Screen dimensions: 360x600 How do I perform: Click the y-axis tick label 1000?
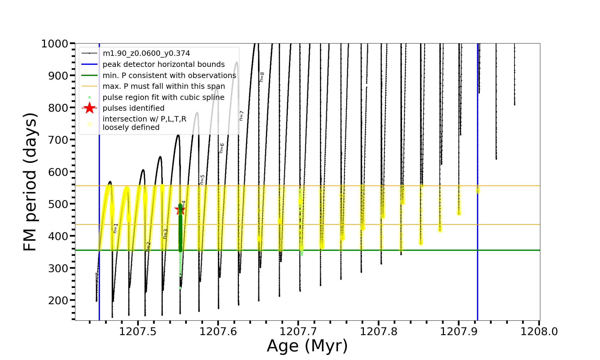[55, 44]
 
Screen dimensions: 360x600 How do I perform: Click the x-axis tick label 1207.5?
[137, 331]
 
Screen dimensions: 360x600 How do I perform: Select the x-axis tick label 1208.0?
[539, 331]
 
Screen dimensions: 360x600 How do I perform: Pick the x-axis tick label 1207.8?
[378, 331]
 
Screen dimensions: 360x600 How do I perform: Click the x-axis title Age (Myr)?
[307, 346]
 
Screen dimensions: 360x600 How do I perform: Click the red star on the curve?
[180, 209]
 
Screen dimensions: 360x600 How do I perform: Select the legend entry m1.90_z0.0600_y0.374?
[146, 53]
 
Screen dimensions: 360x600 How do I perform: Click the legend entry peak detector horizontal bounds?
[163, 64]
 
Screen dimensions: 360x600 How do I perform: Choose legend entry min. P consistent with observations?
[169, 75]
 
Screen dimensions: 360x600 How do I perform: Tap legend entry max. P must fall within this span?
[163, 86]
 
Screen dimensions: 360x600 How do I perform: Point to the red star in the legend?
[89, 108]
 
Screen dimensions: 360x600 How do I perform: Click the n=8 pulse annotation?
[262, 77]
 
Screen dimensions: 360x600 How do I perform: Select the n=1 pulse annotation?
[115, 228]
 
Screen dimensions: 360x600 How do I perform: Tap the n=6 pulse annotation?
[222, 148]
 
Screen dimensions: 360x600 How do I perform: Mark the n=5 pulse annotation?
[202, 180]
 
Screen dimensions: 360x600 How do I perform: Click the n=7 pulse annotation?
[241, 116]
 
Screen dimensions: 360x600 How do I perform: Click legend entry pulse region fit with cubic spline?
[163, 97]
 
